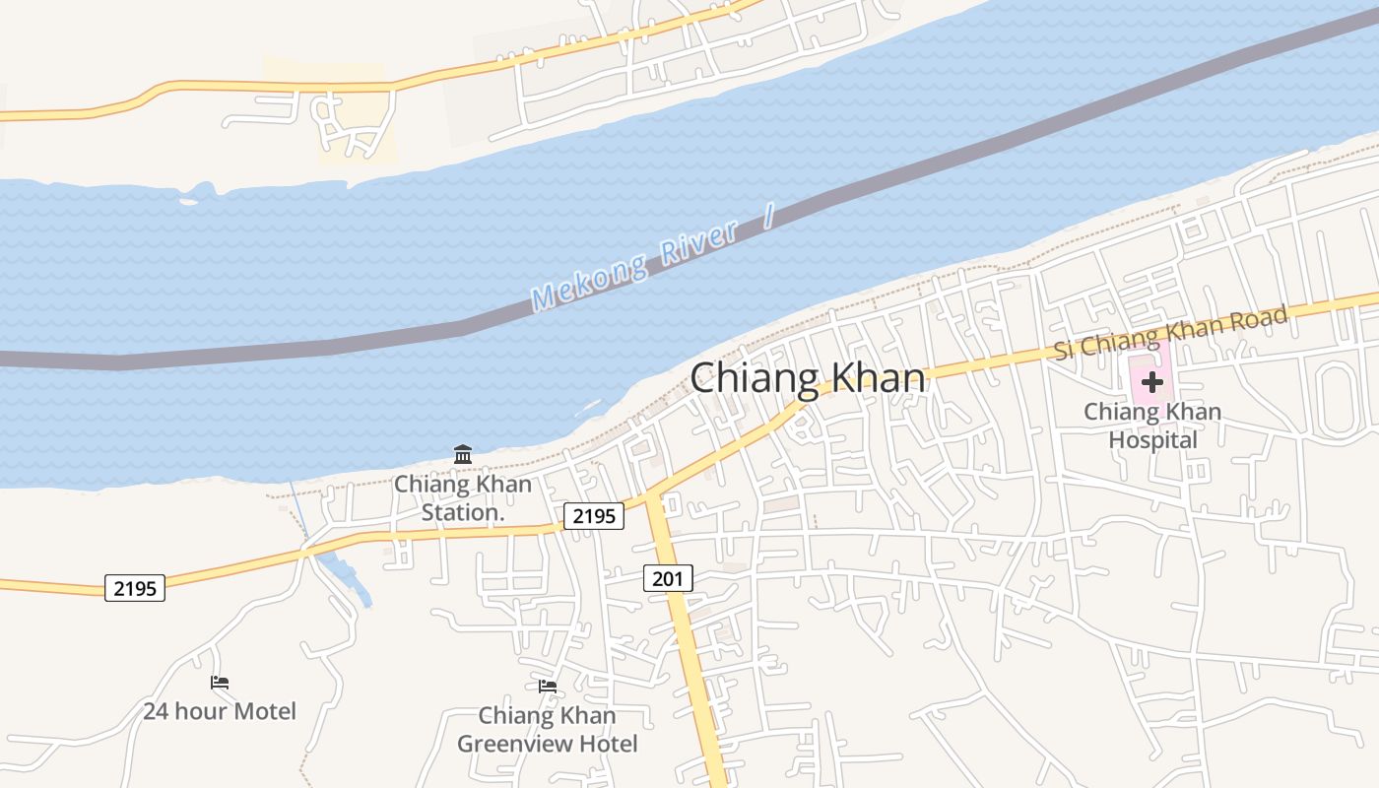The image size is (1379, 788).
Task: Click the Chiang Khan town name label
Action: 808,378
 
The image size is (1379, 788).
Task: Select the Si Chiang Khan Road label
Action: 1170,333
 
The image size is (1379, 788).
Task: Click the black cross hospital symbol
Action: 1151,382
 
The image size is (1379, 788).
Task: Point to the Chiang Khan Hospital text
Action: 1152,425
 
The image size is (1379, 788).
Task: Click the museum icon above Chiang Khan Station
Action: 463,454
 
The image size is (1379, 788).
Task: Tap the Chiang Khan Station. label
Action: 463,498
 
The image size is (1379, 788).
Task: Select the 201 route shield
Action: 668,578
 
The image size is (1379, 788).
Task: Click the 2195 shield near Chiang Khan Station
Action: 594,515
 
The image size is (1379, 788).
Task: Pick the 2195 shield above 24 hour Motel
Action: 135,589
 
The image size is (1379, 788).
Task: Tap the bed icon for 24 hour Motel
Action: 220,682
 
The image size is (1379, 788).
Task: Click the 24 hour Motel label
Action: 220,710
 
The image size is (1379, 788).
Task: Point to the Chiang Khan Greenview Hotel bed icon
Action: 548,686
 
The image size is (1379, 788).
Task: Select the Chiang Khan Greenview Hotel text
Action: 548,729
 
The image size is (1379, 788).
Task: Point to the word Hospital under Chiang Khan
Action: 1152,438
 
